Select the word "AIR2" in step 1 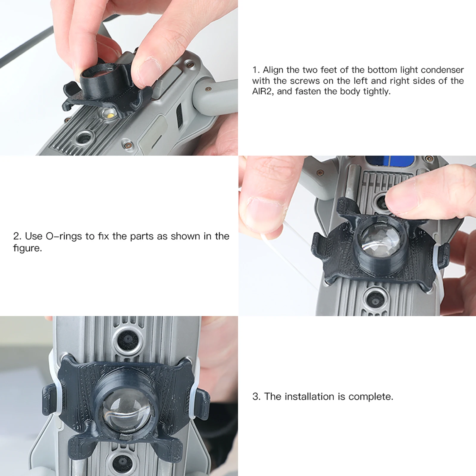click(263, 91)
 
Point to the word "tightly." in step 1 click(375, 92)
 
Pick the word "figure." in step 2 click(27, 248)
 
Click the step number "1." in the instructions click(256, 70)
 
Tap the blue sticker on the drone click(390, 162)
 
